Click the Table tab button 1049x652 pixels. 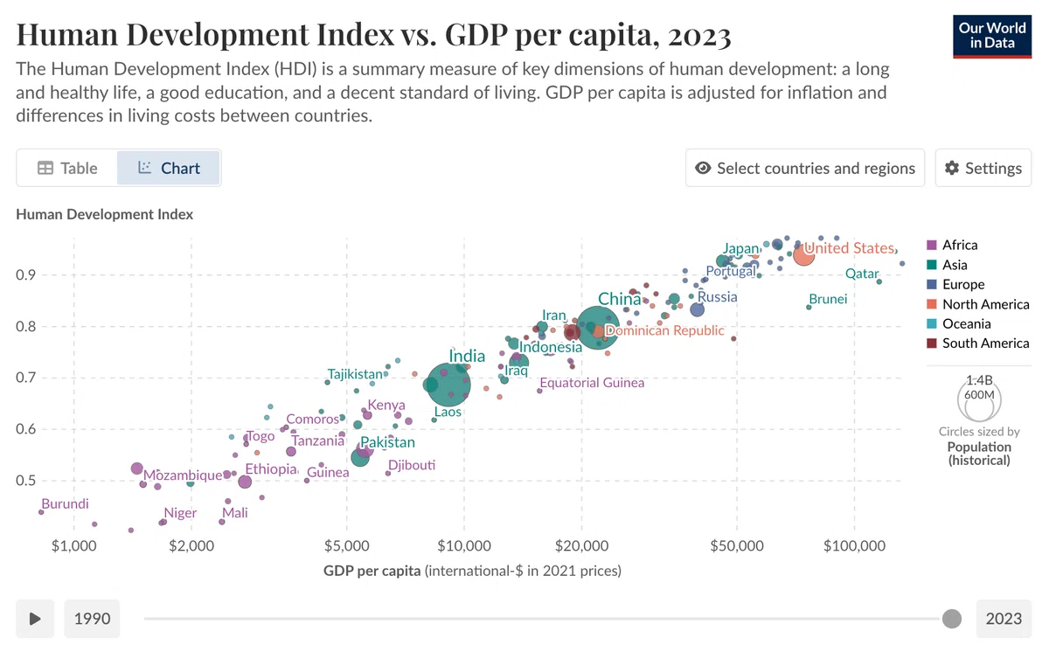click(67, 168)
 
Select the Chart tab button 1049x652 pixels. click(169, 168)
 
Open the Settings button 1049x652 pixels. click(983, 168)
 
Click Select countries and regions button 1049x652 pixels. click(805, 168)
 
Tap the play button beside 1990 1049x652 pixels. click(35, 619)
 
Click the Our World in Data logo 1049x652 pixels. click(992, 37)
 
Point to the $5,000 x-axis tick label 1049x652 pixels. click(346, 545)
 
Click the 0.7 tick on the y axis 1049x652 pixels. click(25, 378)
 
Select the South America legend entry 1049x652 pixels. click(978, 343)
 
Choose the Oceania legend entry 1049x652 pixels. click(959, 323)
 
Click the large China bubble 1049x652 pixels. click(598, 328)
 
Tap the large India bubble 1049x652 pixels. click(448, 385)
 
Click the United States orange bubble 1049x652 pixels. click(803, 255)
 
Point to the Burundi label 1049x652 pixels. click(65, 503)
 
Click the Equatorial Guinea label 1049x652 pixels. click(592, 383)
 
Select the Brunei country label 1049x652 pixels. click(828, 299)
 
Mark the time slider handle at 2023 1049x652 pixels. click(952, 619)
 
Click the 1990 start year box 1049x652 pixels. click(93, 619)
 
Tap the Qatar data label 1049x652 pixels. click(862, 274)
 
